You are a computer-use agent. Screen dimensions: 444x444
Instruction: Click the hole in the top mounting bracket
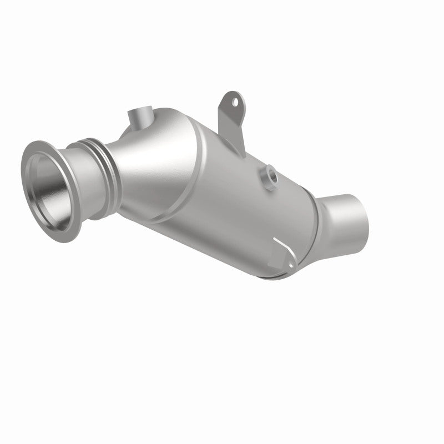point(235,102)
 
